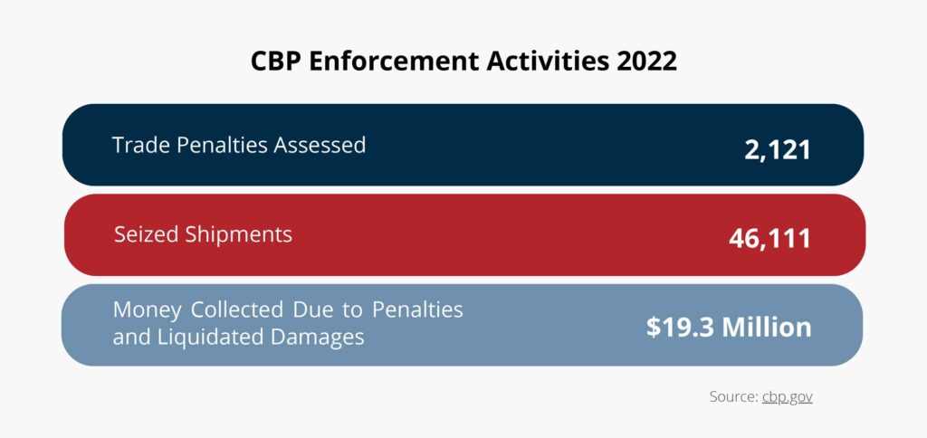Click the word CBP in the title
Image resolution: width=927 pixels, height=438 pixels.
(275, 62)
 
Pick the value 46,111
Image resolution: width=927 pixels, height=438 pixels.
(770, 238)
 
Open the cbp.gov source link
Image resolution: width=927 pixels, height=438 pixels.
(787, 396)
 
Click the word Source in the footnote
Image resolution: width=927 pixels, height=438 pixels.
(732, 396)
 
